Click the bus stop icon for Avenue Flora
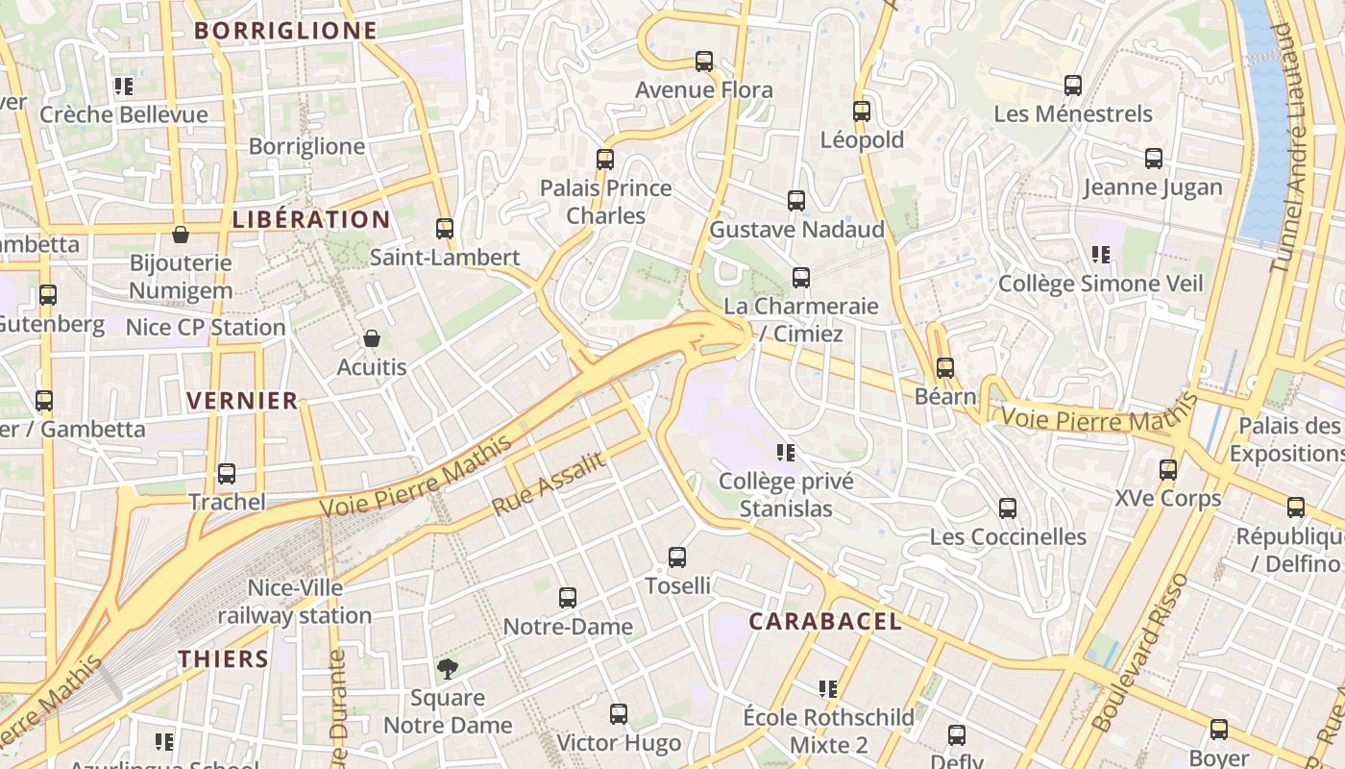[704, 62]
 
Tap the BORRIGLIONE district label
[285, 31]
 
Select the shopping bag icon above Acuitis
[372, 338]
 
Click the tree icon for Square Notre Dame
[447, 669]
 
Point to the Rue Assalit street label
[549, 484]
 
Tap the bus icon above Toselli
[677, 558]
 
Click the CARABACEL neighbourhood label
[825, 622]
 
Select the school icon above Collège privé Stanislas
[786, 452]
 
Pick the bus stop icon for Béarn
[945, 368]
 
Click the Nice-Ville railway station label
[295, 602]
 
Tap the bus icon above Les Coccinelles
[1008, 509]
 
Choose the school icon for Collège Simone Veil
[1101, 255]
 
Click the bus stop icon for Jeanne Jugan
[1154, 159]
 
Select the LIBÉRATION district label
[311, 219]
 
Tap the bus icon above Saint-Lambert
[445, 229]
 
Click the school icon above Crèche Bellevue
[123, 87]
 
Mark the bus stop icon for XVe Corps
[1168, 470]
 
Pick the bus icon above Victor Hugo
[619, 714]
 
